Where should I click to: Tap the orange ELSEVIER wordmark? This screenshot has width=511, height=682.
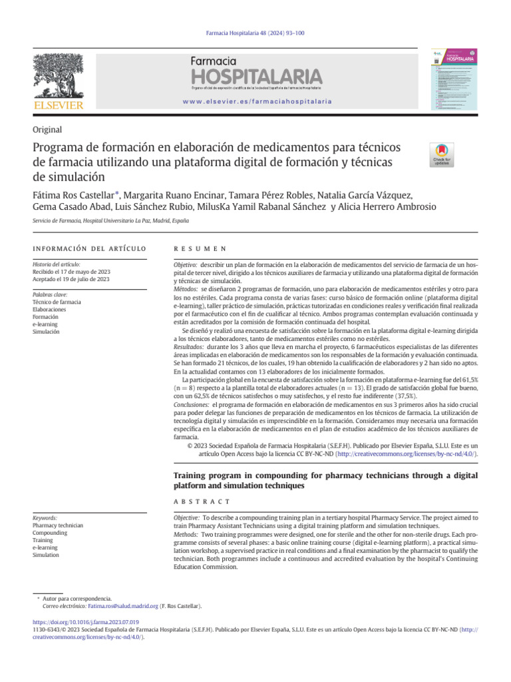pos(59,105)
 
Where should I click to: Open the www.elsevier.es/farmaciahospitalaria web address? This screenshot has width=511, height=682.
pos(256,101)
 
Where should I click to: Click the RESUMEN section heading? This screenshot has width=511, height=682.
pos(200,248)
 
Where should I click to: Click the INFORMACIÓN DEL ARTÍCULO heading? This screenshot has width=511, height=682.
pos(89,248)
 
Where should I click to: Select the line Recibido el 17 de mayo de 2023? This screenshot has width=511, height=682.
pos(72,272)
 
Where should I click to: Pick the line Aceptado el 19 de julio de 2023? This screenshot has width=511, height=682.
pos(71,279)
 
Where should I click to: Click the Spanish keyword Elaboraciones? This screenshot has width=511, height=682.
pos(51,309)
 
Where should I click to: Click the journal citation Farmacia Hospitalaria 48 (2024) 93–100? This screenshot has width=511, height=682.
pos(255,34)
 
